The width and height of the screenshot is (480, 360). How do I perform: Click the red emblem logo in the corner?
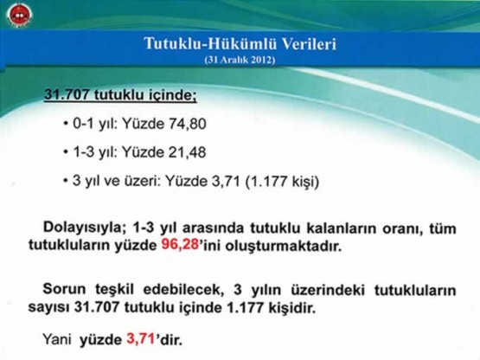(x=19, y=15)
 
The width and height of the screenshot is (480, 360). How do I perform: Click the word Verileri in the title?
(x=309, y=43)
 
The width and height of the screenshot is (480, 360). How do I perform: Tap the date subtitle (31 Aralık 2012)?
(x=240, y=60)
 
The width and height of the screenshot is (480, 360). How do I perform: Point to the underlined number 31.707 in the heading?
(x=67, y=94)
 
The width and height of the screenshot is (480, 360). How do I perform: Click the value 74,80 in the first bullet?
(x=188, y=124)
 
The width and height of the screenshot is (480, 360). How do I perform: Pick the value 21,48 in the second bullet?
(x=188, y=152)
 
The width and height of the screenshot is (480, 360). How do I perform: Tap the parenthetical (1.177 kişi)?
(x=282, y=182)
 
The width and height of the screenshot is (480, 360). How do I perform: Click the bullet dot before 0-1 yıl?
(x=66, y=124)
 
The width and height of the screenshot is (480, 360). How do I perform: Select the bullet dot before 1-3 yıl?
(x=66, y=151)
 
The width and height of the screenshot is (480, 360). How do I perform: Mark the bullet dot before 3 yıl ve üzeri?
(x=66, y=181)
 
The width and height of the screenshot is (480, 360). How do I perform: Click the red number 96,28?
(x=180, y=246)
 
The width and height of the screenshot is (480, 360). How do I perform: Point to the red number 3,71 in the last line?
(x=140, y=339)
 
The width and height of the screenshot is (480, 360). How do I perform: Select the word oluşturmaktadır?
(x=284, y=247)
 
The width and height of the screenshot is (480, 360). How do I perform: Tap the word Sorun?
(x=64, y=289)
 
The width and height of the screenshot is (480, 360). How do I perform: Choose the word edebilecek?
(x=182, y=290)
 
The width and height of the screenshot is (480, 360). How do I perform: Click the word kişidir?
(x=292, y=308)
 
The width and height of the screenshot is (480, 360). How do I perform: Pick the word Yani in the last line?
(x=57, y=339)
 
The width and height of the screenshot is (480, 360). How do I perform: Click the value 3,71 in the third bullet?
(x=226, y=182)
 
